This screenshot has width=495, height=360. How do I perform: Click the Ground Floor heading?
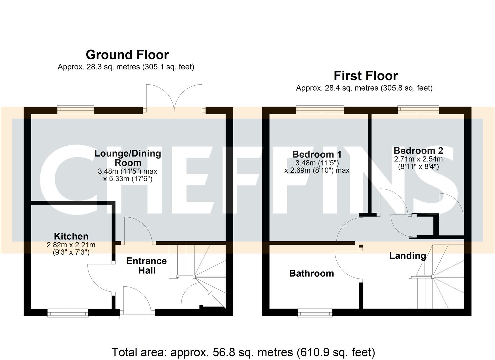pyautogui.click(x=127, y=55)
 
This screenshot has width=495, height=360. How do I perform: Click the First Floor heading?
pyautogui.click(x=366, y=76)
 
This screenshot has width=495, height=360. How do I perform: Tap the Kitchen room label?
pyautogui.click(x=71, y=236)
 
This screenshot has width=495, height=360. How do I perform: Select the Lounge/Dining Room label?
pyautogui.click(x=128, y=158)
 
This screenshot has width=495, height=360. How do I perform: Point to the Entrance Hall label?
pyautogui.click(x=146, y=265)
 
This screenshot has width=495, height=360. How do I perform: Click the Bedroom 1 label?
pyautogui.click(x=317, y=154)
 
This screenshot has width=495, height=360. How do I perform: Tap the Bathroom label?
pyautogui.click(x=311, y=273)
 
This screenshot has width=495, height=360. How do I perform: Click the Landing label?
pyautogui.click(x=407, y=256)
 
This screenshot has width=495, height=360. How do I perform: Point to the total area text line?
pyautogui.click(x=243, y=352)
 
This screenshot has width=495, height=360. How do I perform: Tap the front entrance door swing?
pyautogui.click(x=137, y=300)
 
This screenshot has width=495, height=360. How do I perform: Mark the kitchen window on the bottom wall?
pyautogui.click(x=68, y=312)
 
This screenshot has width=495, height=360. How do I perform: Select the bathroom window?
pyautogui.click(x=315, y=312)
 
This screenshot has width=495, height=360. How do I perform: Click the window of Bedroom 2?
pyautogui.click(x=418, y=109)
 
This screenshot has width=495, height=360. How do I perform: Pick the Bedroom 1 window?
pyautogui.click(x=320, y=109)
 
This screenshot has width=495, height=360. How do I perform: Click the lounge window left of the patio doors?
pyautogui.click(x=75, y=109)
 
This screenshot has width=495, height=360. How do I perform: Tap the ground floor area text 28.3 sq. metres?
pyautogui.click(x=126, y=67)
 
